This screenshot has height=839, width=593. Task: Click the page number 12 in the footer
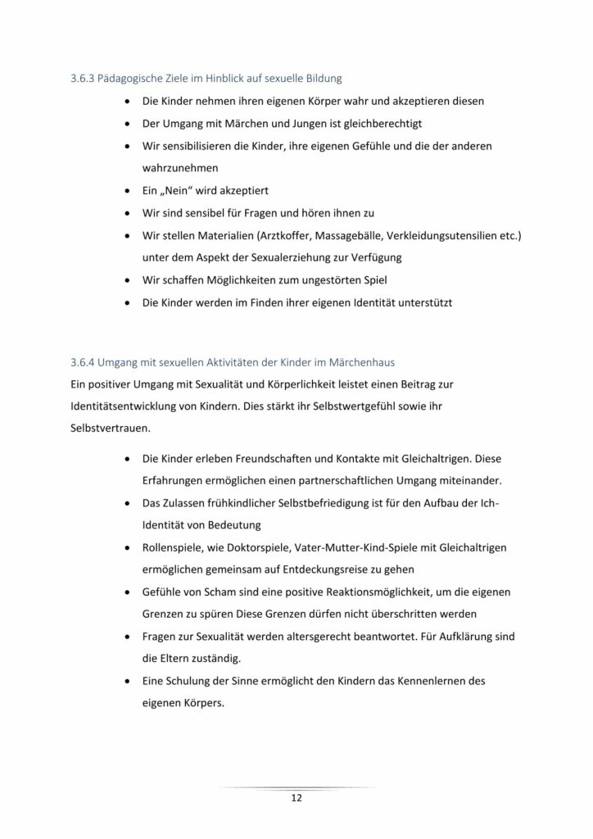click(x=296, y=797)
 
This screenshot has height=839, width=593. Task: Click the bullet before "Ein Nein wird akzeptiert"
click(x=126, y=191)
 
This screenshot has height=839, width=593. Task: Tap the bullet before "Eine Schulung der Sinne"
click(x=126, y=680)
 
